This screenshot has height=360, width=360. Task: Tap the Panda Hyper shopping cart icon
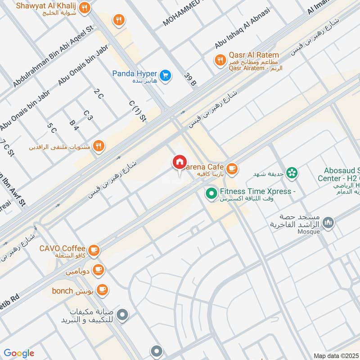(165, 75)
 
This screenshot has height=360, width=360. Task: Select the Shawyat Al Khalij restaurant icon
(84, 8)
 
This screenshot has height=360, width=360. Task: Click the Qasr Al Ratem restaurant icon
(220, 60)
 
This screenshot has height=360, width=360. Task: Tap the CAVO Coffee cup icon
(94, 250)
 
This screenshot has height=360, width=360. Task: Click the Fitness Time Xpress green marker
(210, 194)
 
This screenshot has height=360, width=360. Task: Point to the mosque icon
(329, 222)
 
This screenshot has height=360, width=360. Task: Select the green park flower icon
(292, 172)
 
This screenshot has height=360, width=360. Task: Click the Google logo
(19, 353)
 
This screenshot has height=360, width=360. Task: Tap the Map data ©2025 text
(336, 355)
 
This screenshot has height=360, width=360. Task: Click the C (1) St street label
(138, 111)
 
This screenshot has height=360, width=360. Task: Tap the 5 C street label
(52, 128)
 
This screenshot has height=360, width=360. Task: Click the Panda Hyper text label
(134, 73)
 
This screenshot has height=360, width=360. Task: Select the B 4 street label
(74, 125)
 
